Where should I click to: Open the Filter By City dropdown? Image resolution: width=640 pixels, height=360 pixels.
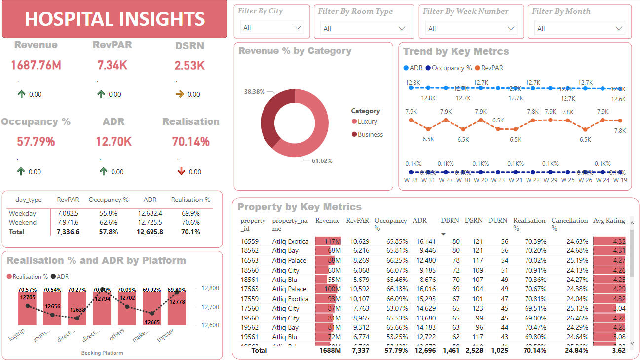click(272, 28)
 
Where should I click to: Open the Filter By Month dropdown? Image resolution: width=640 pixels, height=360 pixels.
click(579, 29)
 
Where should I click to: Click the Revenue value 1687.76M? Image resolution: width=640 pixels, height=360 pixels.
click(36, 65)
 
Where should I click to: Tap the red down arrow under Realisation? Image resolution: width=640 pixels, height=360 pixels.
click(181, 171)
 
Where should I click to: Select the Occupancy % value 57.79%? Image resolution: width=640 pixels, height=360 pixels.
click(36, 142)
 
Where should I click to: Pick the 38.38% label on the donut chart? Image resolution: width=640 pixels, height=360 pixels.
click(254, 92)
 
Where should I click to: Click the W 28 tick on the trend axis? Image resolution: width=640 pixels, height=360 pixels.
click(411, 180)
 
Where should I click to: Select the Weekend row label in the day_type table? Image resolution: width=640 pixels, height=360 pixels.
click(22, 223)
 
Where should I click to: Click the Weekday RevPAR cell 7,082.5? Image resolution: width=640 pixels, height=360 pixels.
click(68, 214)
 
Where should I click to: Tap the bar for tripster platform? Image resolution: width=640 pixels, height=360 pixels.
click(177, 308)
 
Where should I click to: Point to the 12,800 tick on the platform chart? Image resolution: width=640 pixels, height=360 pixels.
click(211, 288)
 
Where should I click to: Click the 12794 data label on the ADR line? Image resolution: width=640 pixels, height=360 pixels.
click(102, 298)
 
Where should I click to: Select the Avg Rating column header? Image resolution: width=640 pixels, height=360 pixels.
click(608, 221)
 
